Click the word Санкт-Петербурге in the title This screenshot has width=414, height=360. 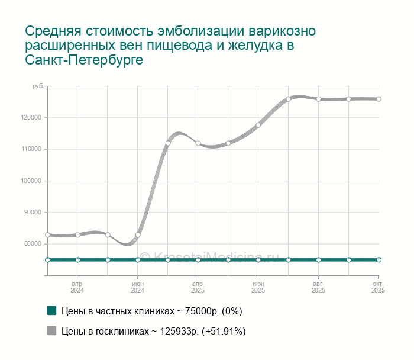click(x=85, y=60)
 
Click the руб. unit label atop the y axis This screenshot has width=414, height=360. click(x=38, y=86)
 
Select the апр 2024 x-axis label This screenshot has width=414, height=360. click(x=77, y=287)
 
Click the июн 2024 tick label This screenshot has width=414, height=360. click(x=138, y=287)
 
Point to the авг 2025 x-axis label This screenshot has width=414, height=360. click(x=318, y=287)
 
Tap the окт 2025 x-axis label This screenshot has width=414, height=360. click(x=378, y=287)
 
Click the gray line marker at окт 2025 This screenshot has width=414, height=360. click(x=379, y=99)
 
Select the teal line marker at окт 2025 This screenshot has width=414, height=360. click(x=379, y=260)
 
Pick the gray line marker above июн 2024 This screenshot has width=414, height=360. click(x=138, y=235)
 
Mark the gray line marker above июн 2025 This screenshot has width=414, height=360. click(x=258, y=125)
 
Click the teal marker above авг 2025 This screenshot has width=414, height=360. click(x=318, y=260)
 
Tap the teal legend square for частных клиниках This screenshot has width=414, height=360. click(x=51, y=311)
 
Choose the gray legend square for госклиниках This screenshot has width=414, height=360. click(x=51, y=331)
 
